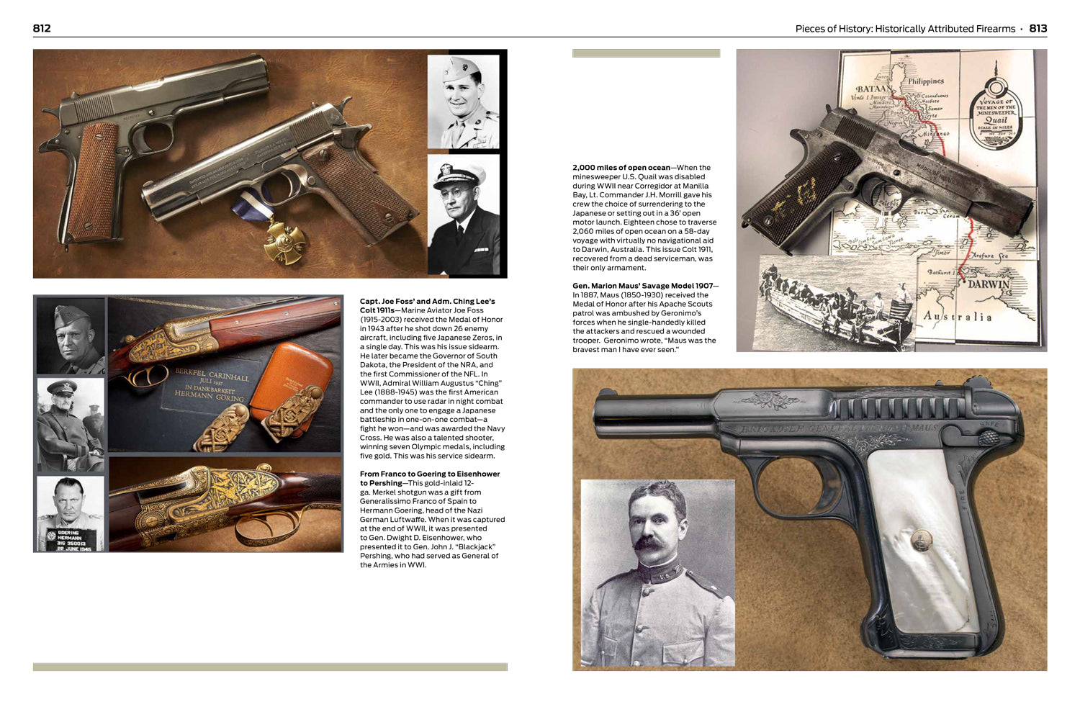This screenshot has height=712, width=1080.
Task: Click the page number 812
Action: pos(42,28)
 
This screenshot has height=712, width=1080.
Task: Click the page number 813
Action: pos(1038,28)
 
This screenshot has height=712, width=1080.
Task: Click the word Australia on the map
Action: pos(957,316)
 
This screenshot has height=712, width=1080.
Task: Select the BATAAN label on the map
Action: pos(873,89)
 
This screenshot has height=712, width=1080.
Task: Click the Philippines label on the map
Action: pos(925,81)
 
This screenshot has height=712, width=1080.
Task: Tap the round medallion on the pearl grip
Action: pos(919,537)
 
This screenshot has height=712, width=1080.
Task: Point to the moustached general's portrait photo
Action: pos(657,573)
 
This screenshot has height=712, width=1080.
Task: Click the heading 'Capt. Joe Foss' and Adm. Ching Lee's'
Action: pos(427,301)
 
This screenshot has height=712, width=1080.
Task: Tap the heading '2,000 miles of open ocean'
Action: pos(621,168)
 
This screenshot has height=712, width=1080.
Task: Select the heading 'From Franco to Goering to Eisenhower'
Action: pos(429,474)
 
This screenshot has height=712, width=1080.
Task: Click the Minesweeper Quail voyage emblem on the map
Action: pos(996,109)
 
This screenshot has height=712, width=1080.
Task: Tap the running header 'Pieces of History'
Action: pos(904,29)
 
